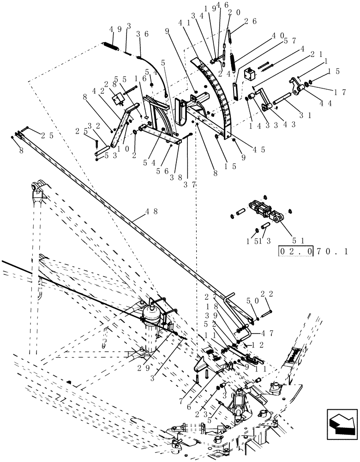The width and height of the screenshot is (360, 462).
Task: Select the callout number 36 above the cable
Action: pos(142,34)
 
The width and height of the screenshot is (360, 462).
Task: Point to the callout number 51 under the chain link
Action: pos(298,240)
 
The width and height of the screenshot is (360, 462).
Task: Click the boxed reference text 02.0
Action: pos(295,252)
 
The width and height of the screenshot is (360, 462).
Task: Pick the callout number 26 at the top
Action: pos(251,21)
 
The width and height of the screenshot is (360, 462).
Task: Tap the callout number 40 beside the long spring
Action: pos(278,35)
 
